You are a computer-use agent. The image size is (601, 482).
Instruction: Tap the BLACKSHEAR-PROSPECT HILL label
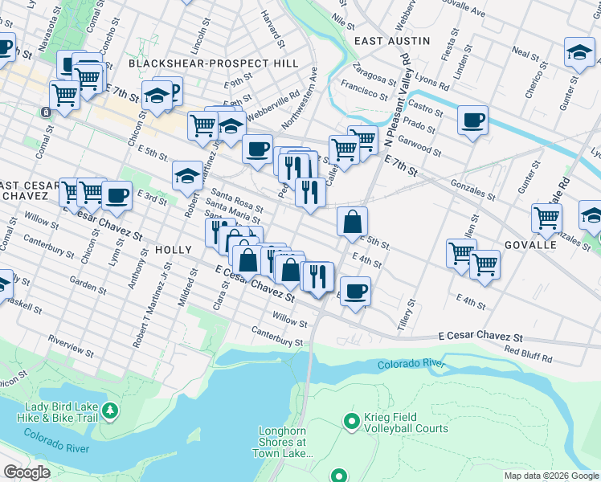tap(213, 63)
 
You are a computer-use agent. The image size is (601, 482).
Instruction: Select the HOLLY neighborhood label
tap(174, 250)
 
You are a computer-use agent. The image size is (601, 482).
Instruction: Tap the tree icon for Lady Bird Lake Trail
tap(110, 412)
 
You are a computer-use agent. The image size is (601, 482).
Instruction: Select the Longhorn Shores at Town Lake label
tap(282, 442)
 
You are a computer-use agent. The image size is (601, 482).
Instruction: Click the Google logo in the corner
tap(27, 472)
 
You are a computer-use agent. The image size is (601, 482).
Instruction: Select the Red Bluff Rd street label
tap(528, 354)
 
